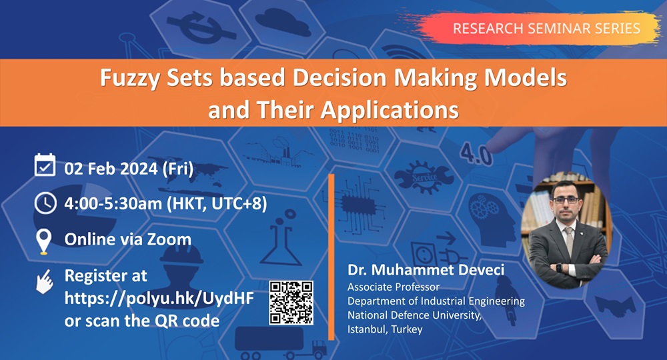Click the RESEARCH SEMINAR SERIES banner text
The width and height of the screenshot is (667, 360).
pyautogui.click(x=546, y=28)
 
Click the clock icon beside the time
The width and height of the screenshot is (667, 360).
pyautogui.click(x=45, y=203)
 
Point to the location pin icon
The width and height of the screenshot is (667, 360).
pyautogui.click(x=44, y=241)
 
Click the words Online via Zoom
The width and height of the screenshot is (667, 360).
pyautogui.click(x=127, y=239)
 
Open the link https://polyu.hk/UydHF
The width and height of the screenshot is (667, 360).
pyautogui.click(x=159, y=298)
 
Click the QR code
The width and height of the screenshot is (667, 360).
pyautogui.click(x=291, y=303)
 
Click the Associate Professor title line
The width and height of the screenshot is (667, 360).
pyautogui.click(x=394, y=287)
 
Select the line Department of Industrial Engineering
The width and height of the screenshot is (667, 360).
pyautogui.click(x=436, y=301)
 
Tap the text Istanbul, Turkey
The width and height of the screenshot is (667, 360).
pyautogui.click(x=385, y=329)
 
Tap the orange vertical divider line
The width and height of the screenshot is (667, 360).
pyautogui.click(x=331, y=257)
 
